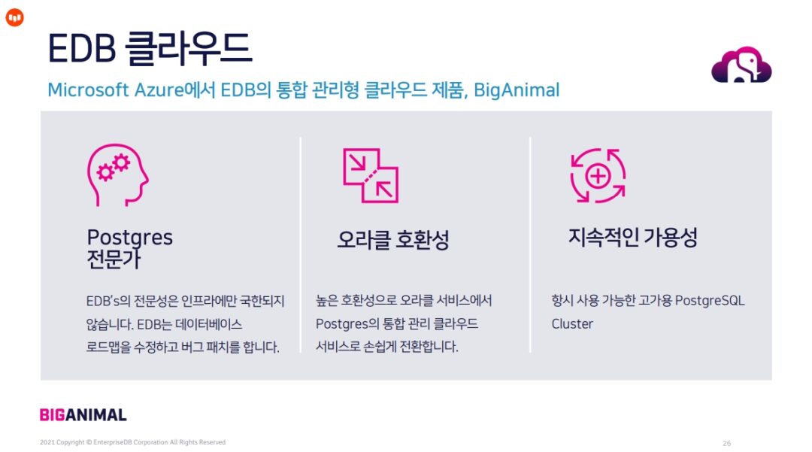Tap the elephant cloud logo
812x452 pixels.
(741, 65)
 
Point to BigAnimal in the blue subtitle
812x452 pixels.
(517, 90)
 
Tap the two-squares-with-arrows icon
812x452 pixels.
(371, 175)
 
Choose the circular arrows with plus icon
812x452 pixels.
(598, 175)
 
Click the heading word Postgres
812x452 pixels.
(130, 238)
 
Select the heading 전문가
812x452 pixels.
(114, 259)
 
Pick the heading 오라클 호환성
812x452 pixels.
(392, 240)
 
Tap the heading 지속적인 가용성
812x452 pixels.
(632, 238)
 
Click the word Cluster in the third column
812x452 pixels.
(572, 324)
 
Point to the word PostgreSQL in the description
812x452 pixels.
(710, 301)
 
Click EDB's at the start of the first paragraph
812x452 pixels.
(101, 301)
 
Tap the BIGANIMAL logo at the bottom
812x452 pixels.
(83, 414)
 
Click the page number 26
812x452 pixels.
(726, 443)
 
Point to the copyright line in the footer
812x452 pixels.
(132, 442)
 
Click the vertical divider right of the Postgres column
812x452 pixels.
(301, 244)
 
